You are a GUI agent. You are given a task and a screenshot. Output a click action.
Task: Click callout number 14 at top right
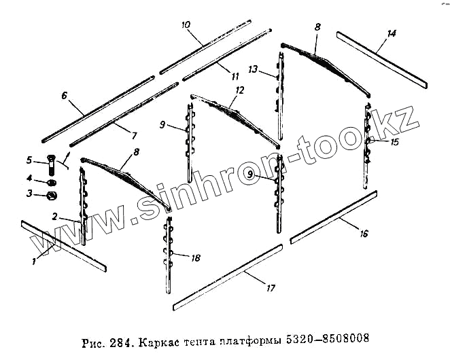(x=390, y=33)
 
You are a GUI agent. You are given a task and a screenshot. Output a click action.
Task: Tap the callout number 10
(x=186, y=25)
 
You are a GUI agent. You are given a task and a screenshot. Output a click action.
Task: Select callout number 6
(x=65, y=96)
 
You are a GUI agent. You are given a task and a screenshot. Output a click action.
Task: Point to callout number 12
(x=239, y=90)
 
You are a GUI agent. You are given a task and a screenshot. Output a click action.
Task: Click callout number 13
(x=253, y=69)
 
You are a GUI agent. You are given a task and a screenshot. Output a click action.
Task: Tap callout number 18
(x=196, y=258)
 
